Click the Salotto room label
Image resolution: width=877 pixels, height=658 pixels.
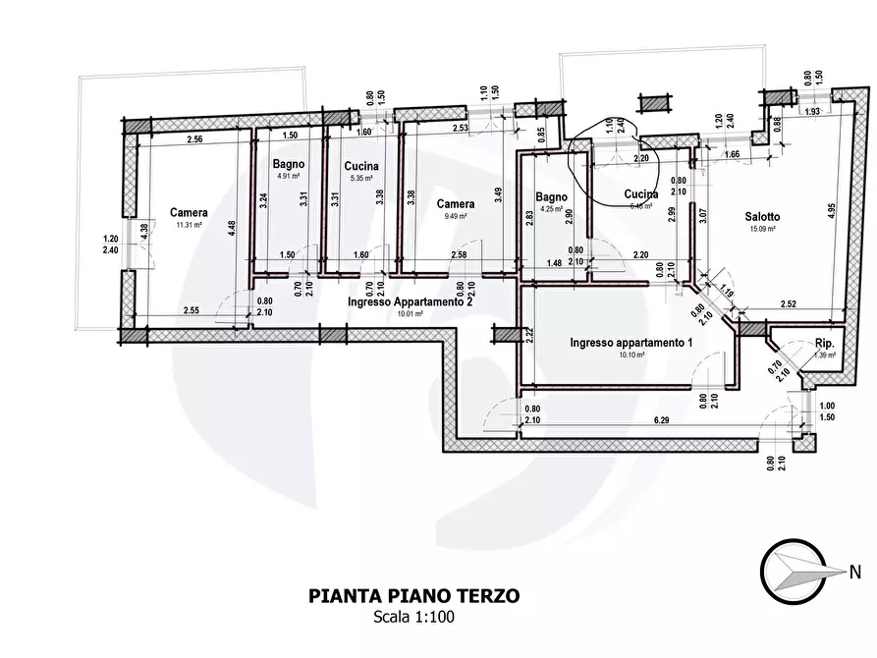coord(761,217)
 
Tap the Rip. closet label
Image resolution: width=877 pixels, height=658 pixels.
coord(825,343)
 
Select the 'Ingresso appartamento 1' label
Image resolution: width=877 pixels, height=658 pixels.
coord(632,343)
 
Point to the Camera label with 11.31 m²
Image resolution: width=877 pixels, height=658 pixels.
coord(188,212)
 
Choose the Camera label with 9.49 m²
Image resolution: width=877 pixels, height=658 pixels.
coord(456,204)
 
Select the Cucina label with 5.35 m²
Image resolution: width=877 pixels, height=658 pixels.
coord(361,166)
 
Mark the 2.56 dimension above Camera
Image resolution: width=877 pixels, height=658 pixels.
coord(193,139)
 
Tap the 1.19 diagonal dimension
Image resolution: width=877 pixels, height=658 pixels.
coord(726,290)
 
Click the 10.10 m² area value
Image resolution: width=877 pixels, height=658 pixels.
coord(632,355)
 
